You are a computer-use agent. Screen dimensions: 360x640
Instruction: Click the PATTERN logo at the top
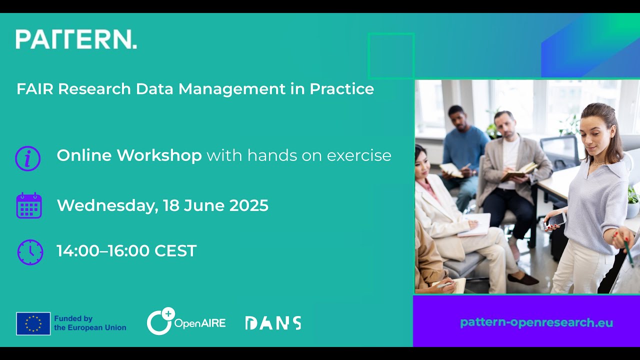pos(76,39)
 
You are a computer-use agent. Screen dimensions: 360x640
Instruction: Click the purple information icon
pos(28,158)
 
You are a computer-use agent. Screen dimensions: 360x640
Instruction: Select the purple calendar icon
pos(29,205)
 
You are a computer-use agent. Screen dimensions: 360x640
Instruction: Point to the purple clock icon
pos(30,252)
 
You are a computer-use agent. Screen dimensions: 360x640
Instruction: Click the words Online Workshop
pos(129,155)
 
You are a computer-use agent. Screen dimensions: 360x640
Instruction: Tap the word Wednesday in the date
pos(106,205)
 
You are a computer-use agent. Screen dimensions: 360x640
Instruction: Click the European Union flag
pos(33,323)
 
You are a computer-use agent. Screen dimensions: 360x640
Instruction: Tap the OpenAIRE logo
pos(186,322)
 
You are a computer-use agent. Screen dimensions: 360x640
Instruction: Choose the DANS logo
pos(273,323)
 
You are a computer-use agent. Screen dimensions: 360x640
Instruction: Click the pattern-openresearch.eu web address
pos(536,322)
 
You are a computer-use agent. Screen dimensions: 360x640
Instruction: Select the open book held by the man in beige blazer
pos(518,171)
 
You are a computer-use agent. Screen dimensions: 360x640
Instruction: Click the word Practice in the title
pos(342,89)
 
